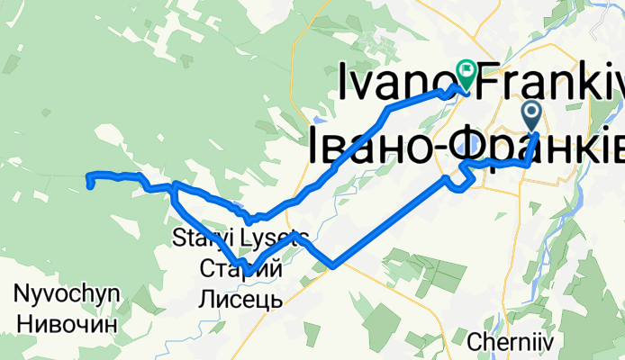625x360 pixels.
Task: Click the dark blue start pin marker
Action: [531, 114]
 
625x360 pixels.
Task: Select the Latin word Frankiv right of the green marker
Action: [550, 83]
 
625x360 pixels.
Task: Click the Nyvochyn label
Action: [67, 293]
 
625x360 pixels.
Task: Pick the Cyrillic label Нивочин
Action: [67, 322]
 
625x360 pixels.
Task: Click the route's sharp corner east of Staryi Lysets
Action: [334, 265]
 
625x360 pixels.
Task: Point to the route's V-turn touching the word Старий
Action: [242, 265]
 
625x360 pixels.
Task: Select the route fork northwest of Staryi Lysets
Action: [175, 186]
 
